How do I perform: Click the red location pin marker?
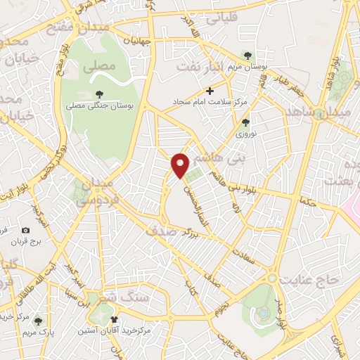point(181,165)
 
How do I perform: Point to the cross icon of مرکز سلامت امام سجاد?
point(210,91)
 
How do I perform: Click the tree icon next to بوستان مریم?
point(247,55)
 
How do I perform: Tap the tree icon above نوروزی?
point(245,122)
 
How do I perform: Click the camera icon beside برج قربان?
point(26,230)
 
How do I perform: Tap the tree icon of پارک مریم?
point(38,321)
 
